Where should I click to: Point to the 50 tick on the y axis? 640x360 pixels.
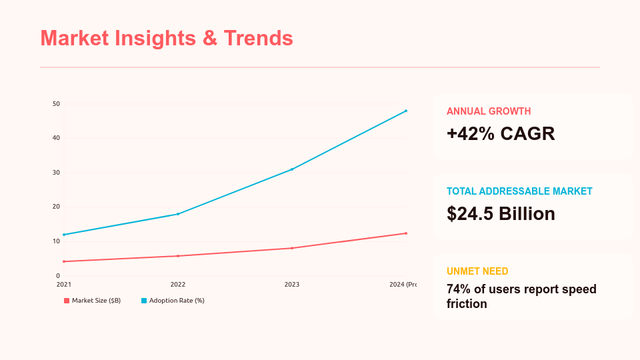(x=56, y=104)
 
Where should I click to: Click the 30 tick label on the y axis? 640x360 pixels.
(x=56, y=173)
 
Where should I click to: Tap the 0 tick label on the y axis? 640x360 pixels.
(x=58, y=275)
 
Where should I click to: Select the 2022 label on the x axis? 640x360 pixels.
(x=178, y=285)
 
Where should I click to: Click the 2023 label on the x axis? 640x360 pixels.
(x=292, y=285)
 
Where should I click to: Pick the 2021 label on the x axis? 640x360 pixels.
(x=64, y=285)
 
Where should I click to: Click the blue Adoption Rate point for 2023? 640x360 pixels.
(x=292, y=169)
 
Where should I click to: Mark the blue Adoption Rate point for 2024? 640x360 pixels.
(x=406, y=111)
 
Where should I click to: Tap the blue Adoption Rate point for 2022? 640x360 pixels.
(x=178, y=214)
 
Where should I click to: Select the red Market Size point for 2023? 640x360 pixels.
(x=292, y=248)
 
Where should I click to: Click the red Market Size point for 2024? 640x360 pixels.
(x=406, y=233)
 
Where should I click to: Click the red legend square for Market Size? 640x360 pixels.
(x=67, y=301)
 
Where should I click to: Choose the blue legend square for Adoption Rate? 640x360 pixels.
(x=144, y=301)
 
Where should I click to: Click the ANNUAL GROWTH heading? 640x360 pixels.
(x=489, y=111)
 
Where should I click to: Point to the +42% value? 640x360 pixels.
(x=471, y=134)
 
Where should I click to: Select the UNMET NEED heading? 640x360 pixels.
(x=477, y=271)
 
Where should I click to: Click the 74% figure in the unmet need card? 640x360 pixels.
(x=459, y=289)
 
